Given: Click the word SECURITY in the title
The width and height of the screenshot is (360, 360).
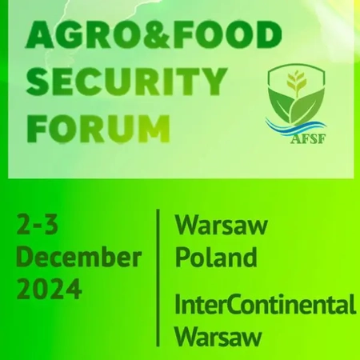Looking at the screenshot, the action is pos(126,82).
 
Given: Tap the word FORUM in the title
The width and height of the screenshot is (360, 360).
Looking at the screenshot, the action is pos(98,129).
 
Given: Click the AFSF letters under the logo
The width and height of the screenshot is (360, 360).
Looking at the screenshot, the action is pos(308,138).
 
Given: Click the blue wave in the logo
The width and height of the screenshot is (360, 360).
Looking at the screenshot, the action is pos(295,126).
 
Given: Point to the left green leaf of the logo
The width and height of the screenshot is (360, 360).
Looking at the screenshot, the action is pos(280,106).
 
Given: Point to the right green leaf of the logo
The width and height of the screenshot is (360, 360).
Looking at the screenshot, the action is pos(307,106).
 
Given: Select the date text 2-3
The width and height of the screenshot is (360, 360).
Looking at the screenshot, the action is pos(37,225).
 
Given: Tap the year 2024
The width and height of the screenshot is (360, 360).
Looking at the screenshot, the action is pos(49,289).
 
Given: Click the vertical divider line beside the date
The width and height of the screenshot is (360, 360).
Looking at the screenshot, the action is pos(158,278).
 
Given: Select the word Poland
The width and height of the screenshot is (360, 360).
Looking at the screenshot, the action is pos(216,257).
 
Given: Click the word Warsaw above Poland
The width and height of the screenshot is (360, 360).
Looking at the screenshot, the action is pos(221,226).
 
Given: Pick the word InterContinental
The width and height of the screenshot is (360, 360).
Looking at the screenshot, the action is pos(266,305).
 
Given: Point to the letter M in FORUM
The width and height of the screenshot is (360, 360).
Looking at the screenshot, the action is pos(155,129).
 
